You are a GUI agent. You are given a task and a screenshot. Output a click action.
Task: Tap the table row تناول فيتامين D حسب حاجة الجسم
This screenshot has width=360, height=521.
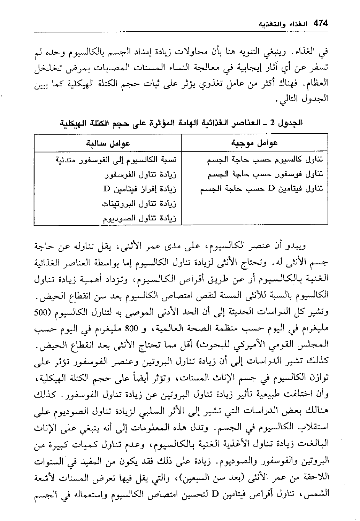262,189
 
